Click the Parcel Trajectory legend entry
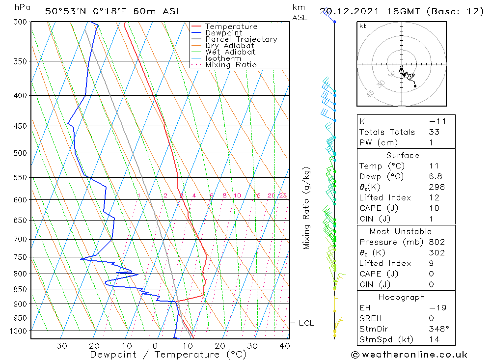pyautogui.click(x=241, y=39)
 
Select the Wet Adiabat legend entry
pyautogui.click(x=230, y=52)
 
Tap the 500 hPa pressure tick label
pyautogui.click(x=20, y=153)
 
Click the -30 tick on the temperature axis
pyautogui.click(x=58, y=346)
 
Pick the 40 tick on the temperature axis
pyautogui.click(x=284, y=346)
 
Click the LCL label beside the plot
pyautogui.click(x=306, y=323)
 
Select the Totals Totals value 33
pyautogui.click(x=434, y=132)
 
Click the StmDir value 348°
pyautogui.click(x=436, y=329)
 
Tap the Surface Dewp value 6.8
pyautogui.click(x=435, y=177)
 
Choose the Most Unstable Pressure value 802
pyautogui.click(x=436, y=242)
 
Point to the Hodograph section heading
pyautogui.click(x=402, y=298)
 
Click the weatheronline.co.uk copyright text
pyautogui.click(x=409, y=355)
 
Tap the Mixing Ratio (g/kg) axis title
pyautogui.click(x=307, y=208)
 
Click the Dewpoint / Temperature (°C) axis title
pyautogui.click(x=168, y=355)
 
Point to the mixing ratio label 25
pyautogui.click(x=283, y=196)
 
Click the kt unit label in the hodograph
pyautogui.click(x=363, y=26)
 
